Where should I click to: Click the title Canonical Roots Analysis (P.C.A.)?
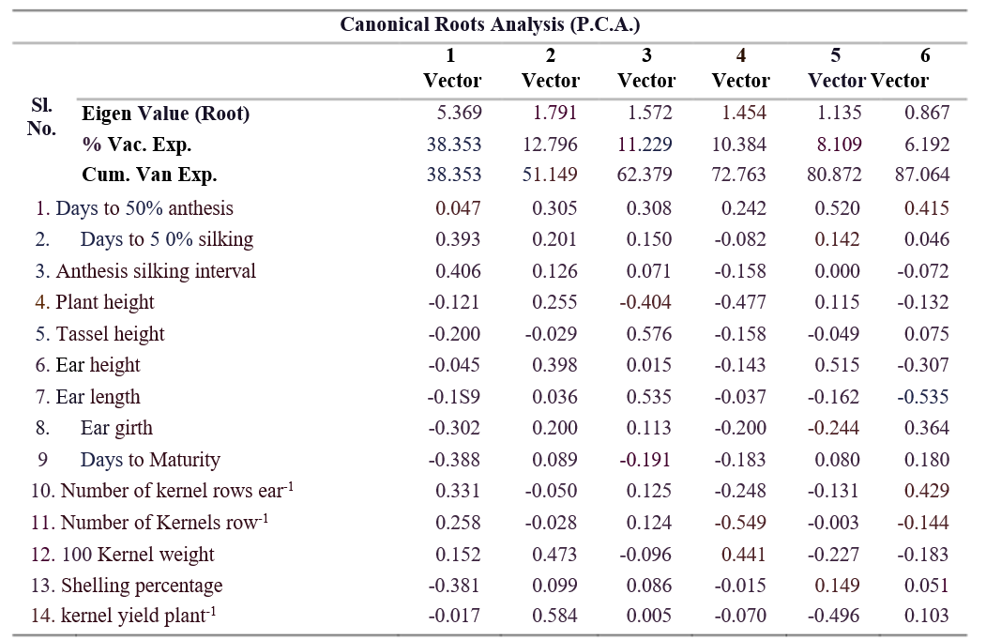coord(490,24)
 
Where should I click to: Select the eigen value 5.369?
coord(460,113)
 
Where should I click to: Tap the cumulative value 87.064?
coord(922,175)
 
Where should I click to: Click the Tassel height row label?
coord(100,333)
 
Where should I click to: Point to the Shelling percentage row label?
coord(127,586)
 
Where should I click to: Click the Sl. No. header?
coord(41,116)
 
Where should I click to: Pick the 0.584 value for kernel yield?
coord(554,616)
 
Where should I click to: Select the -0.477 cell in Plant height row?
coord(740,302)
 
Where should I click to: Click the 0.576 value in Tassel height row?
coord(649,333)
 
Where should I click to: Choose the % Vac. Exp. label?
coord(136,145)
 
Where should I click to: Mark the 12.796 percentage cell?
coord(550,145)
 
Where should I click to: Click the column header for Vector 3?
coord(646,68)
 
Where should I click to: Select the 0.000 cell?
coord(837,270)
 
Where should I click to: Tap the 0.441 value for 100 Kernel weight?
coord(744,555)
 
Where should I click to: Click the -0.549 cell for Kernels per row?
coord(740,523)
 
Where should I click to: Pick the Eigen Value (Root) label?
coord(166,114)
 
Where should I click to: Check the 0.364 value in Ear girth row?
coord(927,428)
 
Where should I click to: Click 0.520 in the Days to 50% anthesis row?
coord(837,208)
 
